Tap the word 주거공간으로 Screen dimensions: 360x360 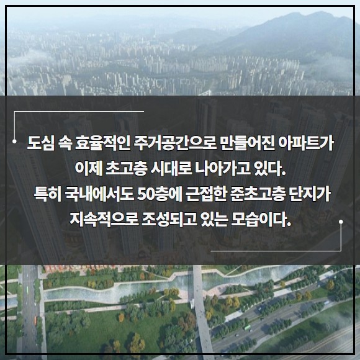click(x=176, y=143)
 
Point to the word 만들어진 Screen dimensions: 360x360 click(x=247, y=143)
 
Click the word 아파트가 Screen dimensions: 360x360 click(x=306, y=143)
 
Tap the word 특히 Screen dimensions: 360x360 click(x=48, y=194)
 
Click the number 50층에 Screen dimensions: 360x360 click(x=160, y=194)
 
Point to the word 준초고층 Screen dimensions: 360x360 click(x=258, y=194)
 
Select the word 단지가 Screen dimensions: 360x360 click(x=310, y=194)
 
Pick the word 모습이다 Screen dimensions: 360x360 click(x=261, y=219)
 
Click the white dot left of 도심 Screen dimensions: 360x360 click(x=14, y=142)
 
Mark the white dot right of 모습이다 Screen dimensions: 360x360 click(x=341, y=222)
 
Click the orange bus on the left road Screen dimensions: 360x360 click(x=35, y=320)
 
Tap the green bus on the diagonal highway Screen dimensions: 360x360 click(x=247, y=328)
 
